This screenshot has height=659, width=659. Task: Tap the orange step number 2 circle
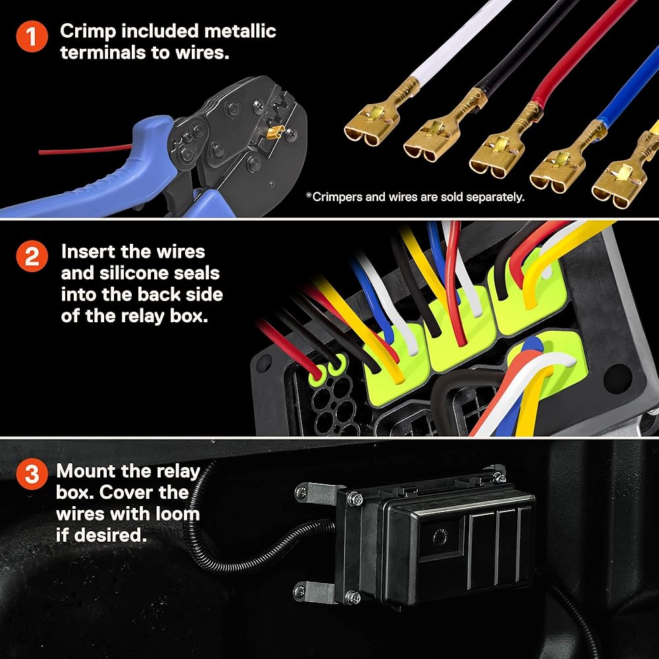pyautogui.click(x=32, y=257)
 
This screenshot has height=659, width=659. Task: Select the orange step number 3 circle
pyautogui.click(x=32, y=476)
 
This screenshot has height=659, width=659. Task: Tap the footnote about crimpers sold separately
pyautogui.click(x=415, y=196)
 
